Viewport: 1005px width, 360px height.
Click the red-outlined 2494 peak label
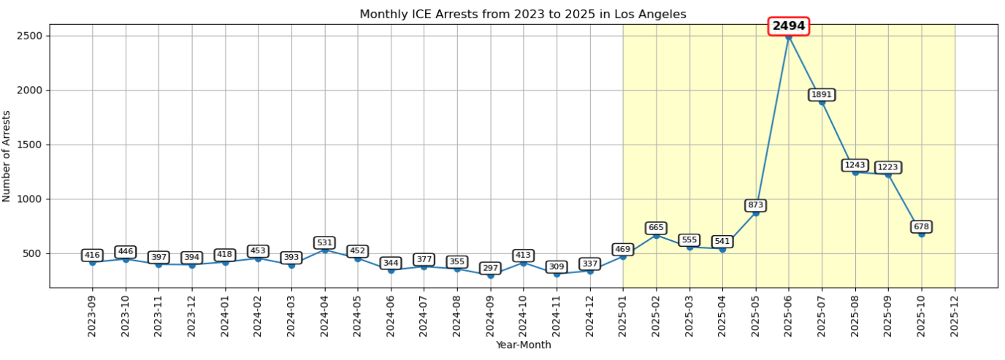tap(789, 26)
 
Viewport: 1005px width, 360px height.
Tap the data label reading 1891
tap(822, 95)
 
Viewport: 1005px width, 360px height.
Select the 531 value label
tap(324, 242)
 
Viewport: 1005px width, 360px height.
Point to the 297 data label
tap(490, 268)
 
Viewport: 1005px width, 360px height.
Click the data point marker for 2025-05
tap(756, 212)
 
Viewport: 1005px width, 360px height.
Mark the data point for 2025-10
tap(922, 234)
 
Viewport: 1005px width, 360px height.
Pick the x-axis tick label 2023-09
tap(92, 315)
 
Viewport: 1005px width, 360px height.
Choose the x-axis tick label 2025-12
tap(955, 315)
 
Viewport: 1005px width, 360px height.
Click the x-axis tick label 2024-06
tap(391, 315)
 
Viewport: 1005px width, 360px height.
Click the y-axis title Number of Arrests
tap(7, 156)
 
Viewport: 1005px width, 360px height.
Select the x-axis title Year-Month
tap(523, 345)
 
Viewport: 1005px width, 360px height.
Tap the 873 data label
tap(756, 205)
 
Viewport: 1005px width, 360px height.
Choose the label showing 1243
tap(855, 165)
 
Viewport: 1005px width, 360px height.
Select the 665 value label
tap(656, 228)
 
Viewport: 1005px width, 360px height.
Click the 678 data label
tap(922, 227)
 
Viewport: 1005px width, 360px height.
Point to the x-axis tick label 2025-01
tap(623, 315)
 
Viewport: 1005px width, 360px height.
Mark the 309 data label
tap(557, 267)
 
